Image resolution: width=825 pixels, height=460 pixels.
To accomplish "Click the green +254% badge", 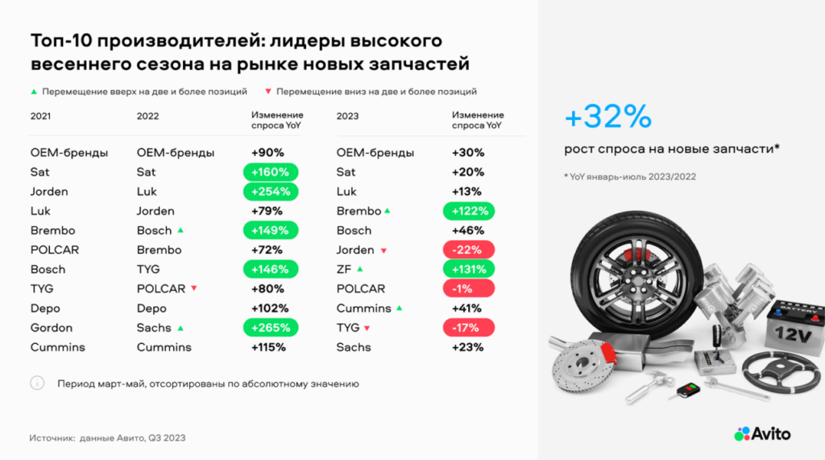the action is pos(271,192).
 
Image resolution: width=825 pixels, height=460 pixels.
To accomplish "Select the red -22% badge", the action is pos(468,250).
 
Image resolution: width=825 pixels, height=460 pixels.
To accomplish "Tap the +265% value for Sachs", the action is pos(271,328).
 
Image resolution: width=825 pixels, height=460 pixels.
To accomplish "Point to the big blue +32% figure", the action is pos(607,116).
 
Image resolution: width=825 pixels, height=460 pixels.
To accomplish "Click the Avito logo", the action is pos(762,433).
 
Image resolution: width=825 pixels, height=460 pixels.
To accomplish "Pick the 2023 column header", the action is pos(347,116).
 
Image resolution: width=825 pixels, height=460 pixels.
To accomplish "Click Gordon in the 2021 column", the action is pos(51,328).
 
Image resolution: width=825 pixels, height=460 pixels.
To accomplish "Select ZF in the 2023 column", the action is pos(343,269).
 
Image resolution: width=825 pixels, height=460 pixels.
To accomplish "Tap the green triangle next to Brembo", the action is pos(388,210).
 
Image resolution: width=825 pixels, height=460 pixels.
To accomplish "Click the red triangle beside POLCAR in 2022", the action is pos(194,288).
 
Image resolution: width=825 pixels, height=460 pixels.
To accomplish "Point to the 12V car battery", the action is pos(795,326).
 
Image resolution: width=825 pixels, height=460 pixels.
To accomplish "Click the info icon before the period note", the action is pos(37,383).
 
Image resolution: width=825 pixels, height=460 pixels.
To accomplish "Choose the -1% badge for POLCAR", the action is pos(468,289).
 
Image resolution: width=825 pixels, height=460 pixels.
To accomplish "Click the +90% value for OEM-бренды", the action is pos(267,152).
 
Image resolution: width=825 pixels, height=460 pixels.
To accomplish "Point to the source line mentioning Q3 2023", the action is pos(107,438).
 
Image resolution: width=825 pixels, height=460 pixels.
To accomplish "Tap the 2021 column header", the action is pos(40,116).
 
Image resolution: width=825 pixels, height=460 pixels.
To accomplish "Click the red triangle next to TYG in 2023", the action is pos(367,328).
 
